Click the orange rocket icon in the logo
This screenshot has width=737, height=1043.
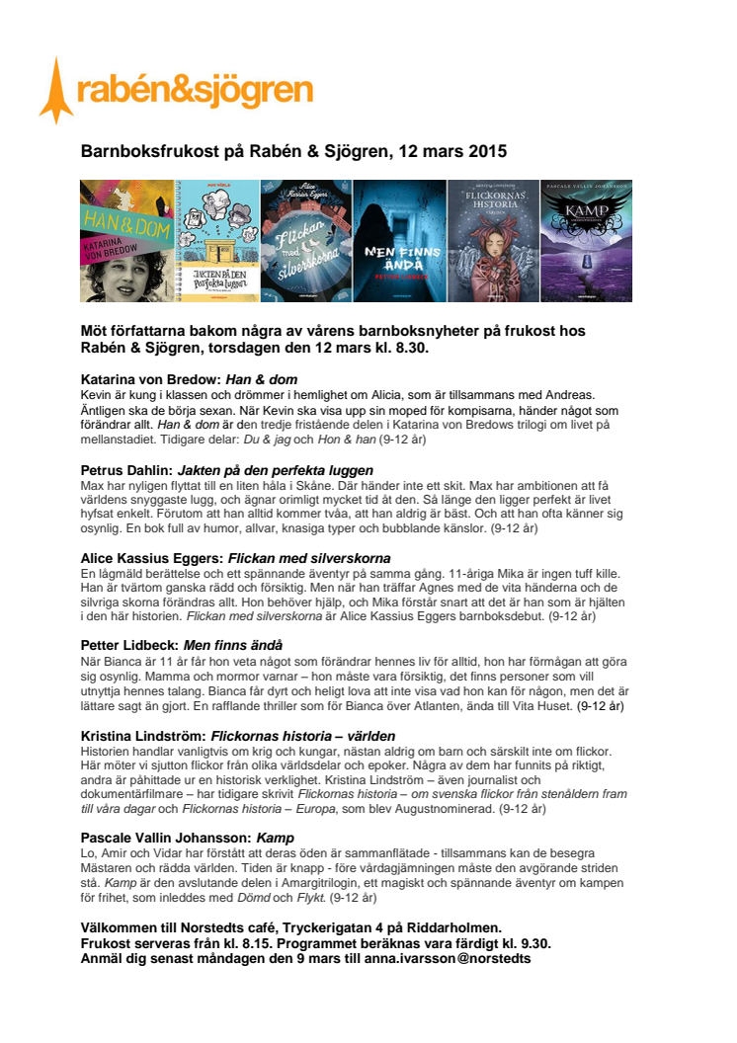click(56, 90)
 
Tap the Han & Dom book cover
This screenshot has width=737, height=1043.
click(125, 241)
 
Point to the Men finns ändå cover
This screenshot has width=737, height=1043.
click(400, 241)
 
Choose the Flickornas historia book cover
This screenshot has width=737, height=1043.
click(493, 241)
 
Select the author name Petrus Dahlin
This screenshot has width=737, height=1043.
click(125, 470)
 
